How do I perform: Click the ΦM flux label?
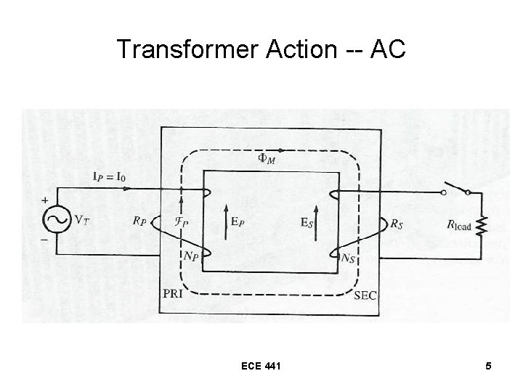(x=267, y=159)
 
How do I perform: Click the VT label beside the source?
(x=82, y=219)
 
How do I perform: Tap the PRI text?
(x=174, y=294)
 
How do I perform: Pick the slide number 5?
(x=488, y=367)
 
